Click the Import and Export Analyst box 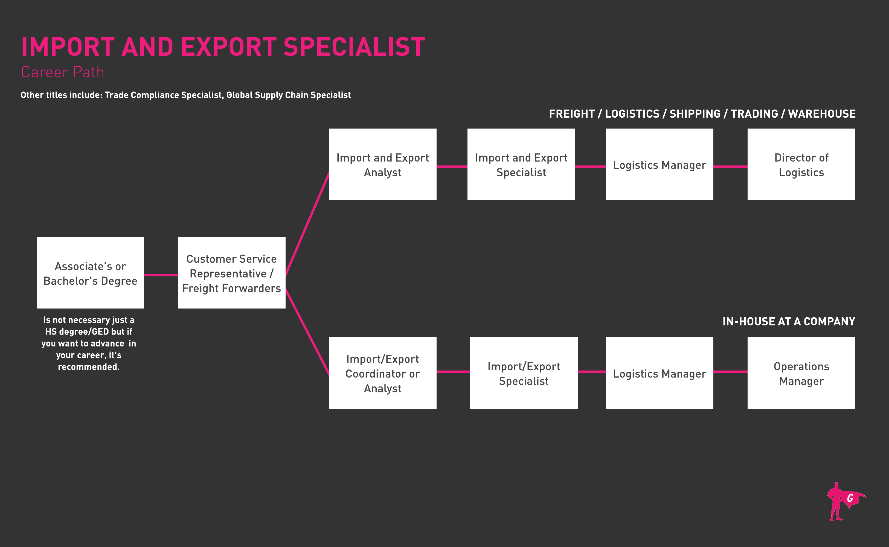[x=382, y=164]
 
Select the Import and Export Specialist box [x=521, y=164]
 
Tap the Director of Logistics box [x=801, y=164]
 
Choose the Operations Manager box [x=801, y=373]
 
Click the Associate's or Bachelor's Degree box [x=90, y=272]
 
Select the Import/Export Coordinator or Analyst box [x=382, y=373]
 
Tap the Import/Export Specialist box [x=524, y=373]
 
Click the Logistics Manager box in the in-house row [x=659, y=373]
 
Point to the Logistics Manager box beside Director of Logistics [x=659, y=164]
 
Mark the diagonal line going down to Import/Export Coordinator [x=307, y=331]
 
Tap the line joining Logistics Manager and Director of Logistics [x=730, y=166]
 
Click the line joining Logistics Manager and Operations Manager [x=730, y=371]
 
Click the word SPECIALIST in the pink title [x=354, y=47]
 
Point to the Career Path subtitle [x=63, y=72]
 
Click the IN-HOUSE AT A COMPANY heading [x=788, y=321]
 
